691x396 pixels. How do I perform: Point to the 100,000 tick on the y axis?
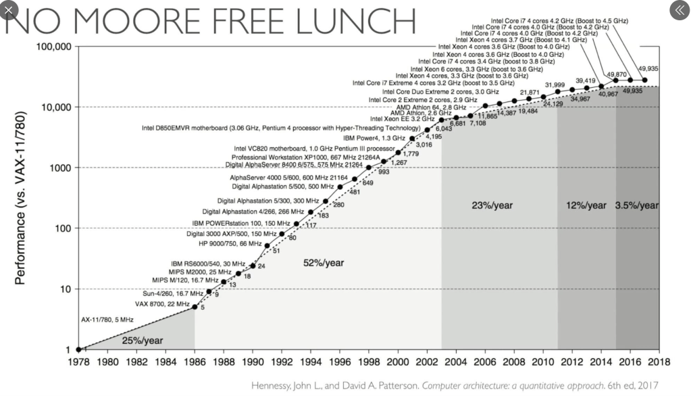click(x=53, y=47)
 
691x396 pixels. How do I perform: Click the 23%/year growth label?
click(x=492, y=205)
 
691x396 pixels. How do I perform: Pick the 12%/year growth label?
click(x=586, y=205)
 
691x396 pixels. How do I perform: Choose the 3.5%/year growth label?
click(x=637, y=205)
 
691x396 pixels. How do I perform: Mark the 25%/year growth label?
click(x=142, y=340)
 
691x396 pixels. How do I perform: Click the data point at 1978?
click(x=79, y=349)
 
